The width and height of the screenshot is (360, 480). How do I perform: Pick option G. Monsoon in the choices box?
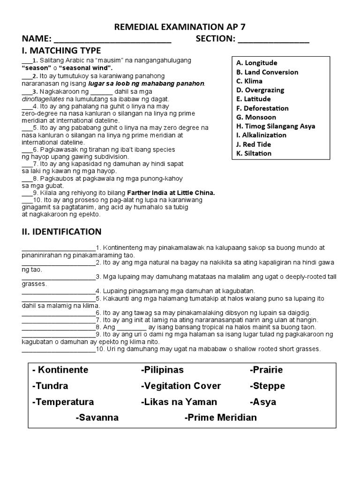[256, 117]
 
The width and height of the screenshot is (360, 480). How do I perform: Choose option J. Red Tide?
[254, 144]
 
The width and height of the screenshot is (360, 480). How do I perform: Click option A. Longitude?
[257, 63]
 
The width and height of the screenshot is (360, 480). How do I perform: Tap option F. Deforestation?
[262, 108]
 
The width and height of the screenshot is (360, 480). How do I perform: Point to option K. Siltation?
[254, 153]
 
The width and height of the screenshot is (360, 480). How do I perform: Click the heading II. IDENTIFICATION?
[61, 232]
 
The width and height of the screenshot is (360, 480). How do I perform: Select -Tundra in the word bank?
[50, 386]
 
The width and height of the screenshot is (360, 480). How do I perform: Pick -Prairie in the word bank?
[266, 370]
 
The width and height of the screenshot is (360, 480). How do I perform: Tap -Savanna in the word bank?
[97, 418]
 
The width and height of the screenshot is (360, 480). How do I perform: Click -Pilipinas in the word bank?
[162, 370]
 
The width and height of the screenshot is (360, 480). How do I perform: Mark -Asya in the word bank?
[263, 402]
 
